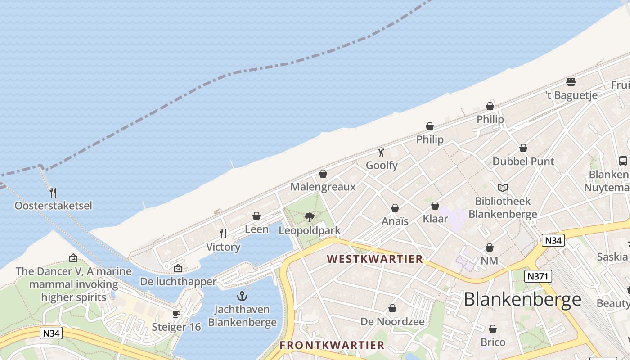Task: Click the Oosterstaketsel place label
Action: [53, 206]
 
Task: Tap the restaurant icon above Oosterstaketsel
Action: [53, 193]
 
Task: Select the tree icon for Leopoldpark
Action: [309, 217]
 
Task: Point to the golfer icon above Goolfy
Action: [382, 152]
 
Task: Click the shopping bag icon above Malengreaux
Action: [323, 174]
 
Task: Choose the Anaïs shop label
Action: [395, 221]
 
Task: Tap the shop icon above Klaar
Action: [435, 206]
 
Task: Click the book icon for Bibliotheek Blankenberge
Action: [503, 188]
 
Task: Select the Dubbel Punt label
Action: [523, 161]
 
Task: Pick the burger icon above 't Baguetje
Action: [571, 82]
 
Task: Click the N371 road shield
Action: [538, 276]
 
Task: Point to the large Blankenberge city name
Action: [522, 299]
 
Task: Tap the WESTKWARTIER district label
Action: [375, 259]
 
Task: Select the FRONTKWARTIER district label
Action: [332, 345]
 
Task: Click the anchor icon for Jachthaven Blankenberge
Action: [242, 296]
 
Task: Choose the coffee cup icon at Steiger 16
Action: [176, 314]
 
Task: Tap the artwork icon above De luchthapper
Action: [178, 268]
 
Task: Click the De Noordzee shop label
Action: [392, 321]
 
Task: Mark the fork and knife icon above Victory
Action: [223, 233]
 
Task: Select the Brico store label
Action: [493, 342]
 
